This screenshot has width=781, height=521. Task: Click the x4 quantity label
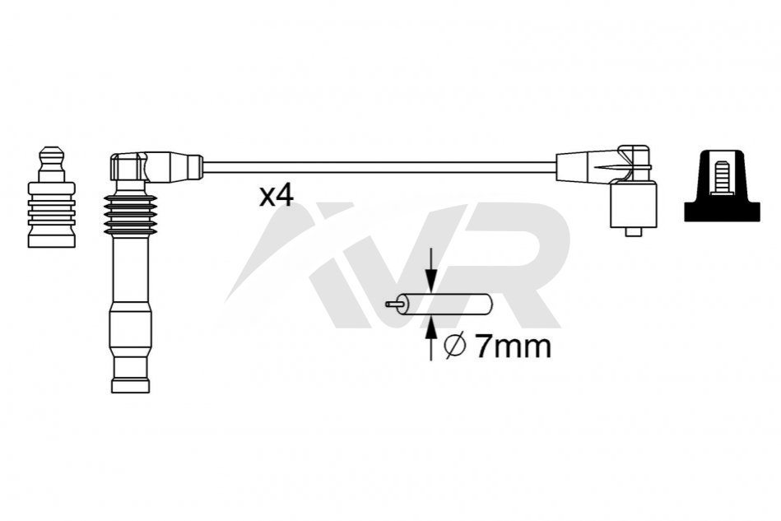tap(277, 196)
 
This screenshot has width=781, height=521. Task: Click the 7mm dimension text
tap(513, 347)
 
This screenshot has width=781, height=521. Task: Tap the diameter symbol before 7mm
tap(455, 347)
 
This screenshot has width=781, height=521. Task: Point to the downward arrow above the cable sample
tap(431, 270)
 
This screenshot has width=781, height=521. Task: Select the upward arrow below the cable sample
tap(431, 339)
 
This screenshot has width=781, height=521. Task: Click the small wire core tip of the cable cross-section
tap(393, 304)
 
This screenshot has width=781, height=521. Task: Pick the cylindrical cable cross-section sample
tap(445, 304)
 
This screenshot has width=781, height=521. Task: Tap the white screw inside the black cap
tap(722, 178)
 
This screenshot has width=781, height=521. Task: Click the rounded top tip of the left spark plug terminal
tap(52, 151)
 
